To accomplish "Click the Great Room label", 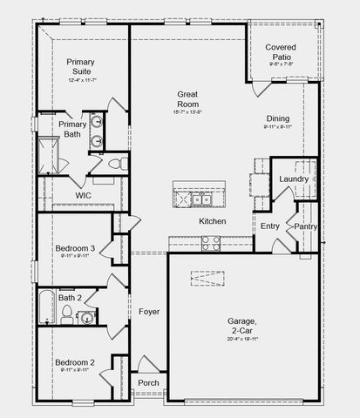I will pos(188,98).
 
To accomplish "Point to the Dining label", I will pos(279,118).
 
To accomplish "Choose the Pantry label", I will pos(305,226).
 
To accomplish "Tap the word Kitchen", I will pos(213,221).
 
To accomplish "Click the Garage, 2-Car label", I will pos(242,326).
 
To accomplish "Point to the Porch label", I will pos(149,382).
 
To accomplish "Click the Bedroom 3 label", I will pos(75,248).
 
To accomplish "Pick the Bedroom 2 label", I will pos(74,361).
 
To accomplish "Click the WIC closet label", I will pos(83,196).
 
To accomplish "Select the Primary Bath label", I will pos(72,129).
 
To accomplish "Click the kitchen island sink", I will pos(202,199).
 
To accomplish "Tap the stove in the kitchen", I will pos(210,243).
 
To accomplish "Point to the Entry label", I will pos(270,226).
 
